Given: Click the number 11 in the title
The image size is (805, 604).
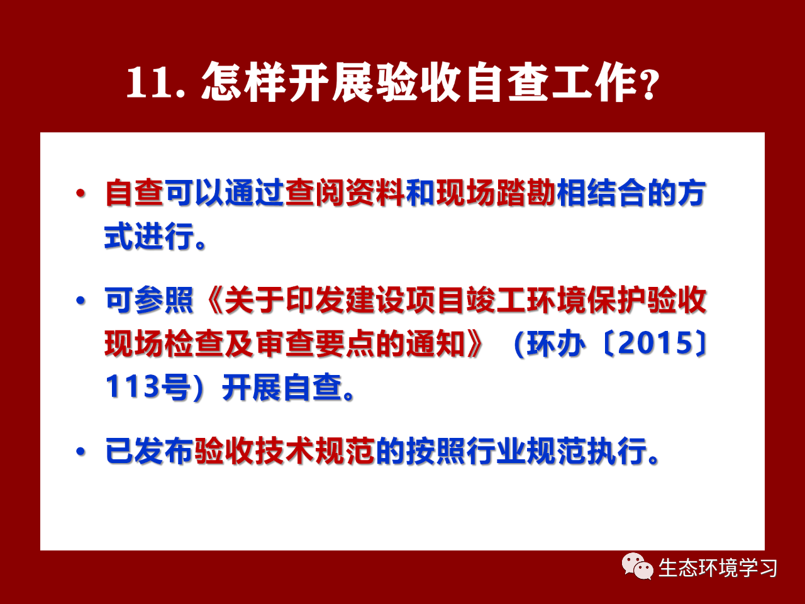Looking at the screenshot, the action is [x=149, y=82].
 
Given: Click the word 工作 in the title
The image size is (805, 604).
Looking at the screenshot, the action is [x=595, y=82].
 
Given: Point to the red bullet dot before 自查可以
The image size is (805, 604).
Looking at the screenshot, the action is [x=80, y=193].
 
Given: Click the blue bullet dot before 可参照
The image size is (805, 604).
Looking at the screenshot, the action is [x=80, y=301].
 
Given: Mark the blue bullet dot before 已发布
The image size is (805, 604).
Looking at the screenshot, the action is [x=80, y=452].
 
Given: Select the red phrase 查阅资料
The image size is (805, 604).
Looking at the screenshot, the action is [x=345, y=193].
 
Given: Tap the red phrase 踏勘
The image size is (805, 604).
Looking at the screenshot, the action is [x=526, y=193].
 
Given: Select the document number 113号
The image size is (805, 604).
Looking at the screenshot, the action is [x=148, y=387].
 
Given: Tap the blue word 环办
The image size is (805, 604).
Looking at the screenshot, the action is [x=555, y=344].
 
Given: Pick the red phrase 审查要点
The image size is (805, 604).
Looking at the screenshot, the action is [x=314, y=344].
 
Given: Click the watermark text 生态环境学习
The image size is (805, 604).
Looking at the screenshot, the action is [x=718, y=568].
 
